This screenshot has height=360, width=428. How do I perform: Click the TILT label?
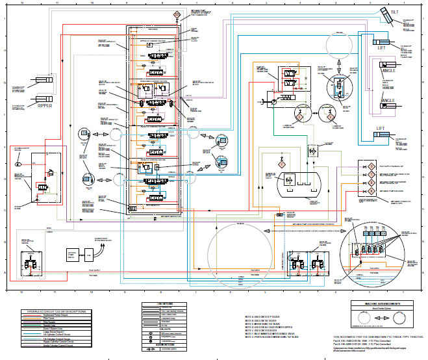394,12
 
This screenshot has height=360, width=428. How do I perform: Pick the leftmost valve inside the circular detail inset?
357,250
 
